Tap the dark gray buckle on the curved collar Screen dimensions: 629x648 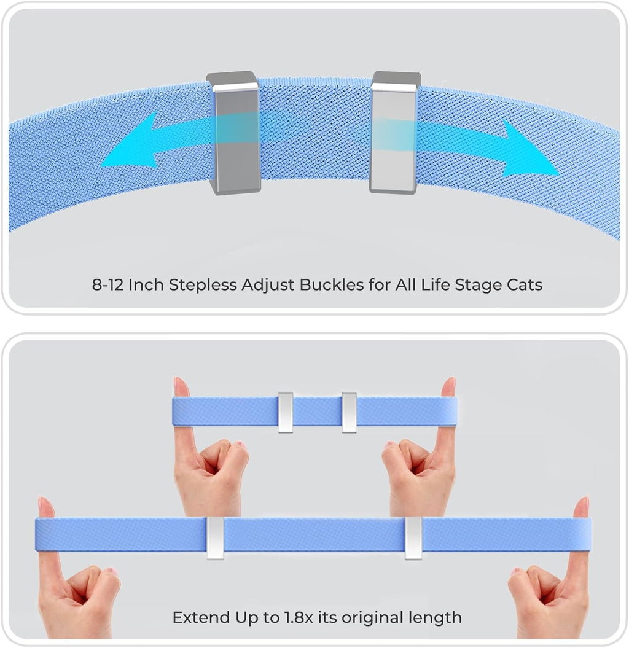pyautogui.click(x=233, y=132)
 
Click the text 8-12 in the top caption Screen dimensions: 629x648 pyautogui.click(x=107, y=285)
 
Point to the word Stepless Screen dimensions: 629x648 pyautogui.click(x=203, y=286)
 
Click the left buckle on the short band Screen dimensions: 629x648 pyautogui.click(x=286, y=412)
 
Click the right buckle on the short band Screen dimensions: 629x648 pyautogui.click(x=350, y=412)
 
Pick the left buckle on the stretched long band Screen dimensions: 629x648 pyautogui.click(x=215, y=537)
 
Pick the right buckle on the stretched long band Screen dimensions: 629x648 pyautogui.click(x=413, y=537)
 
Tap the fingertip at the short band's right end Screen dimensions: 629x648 pyautogui.click(x=448, y=386)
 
